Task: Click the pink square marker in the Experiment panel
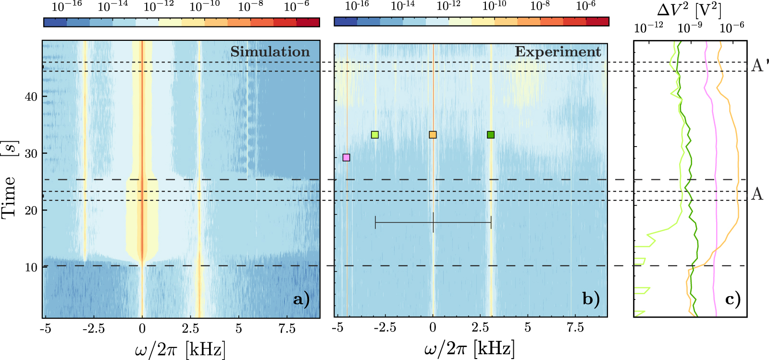[346, 158]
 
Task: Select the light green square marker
[375, 135]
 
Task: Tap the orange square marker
[433, 135]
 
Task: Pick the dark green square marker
[490, 135]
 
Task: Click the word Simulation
[270, 52]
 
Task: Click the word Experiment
[558, 52]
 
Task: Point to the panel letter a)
[301, 299]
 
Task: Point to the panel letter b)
[591, 299]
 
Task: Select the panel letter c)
[733, 299]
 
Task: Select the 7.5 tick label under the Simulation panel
[287, 329]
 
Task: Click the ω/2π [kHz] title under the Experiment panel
[469, 349]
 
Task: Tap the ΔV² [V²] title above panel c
[689, 10]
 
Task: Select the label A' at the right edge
[760, 65]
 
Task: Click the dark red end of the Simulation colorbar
[308, 22]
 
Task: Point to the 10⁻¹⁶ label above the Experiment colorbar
[357, 6]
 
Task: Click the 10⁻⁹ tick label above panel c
[690, 28]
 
